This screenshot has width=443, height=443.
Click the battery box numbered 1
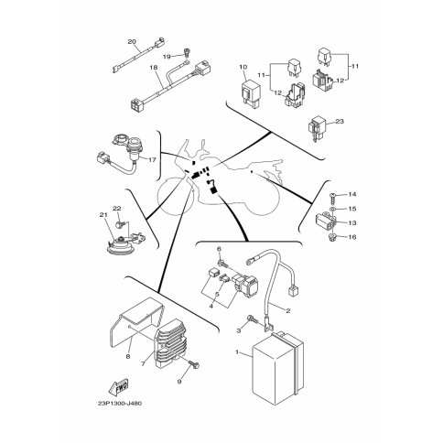[277, 368]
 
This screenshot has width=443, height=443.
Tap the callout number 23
[340, 122]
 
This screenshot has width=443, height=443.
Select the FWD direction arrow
[119, 386]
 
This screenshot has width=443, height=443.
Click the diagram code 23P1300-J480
[120, 404]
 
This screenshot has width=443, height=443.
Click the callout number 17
[152, 159]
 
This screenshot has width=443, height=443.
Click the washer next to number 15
[333, 210]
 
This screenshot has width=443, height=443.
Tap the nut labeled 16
[333, 237]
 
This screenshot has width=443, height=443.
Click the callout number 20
[132, 41]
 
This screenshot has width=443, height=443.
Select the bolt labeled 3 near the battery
[254, 319]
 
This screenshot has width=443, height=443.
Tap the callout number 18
[155, 67]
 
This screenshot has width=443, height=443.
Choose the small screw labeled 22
[119, 225]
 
